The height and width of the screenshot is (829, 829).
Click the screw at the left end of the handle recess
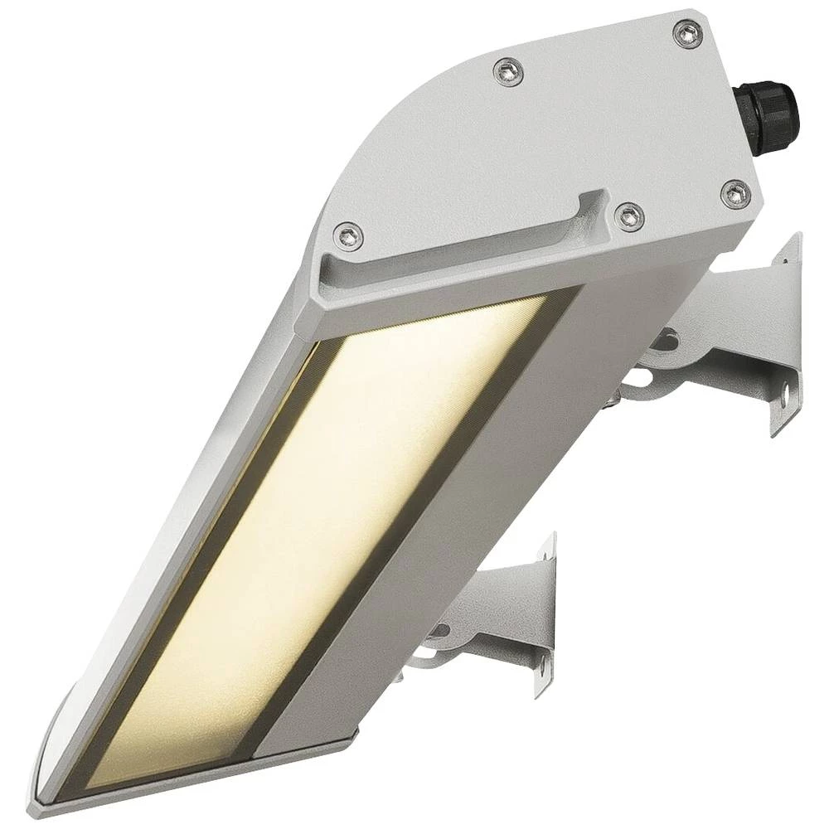click(349, 235)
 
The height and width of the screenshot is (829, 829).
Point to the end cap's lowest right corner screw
click(735, 193)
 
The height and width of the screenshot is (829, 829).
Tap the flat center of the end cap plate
click(539, 141)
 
